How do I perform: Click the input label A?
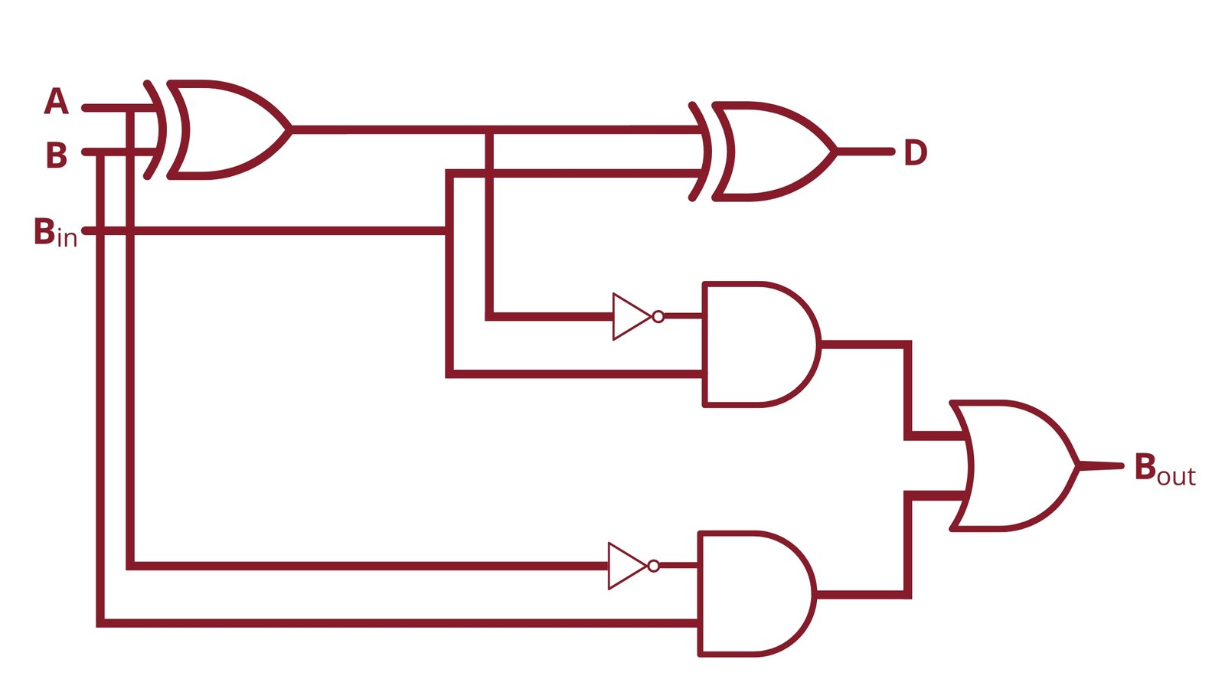pos(56,102)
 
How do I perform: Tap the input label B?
pos(56,155)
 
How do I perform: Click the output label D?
pos(915,152)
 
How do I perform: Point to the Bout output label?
pos(1164,469)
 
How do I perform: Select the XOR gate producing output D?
pos(773,151)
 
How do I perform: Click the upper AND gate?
pos(758,344)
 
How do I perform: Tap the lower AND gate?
pos(754,594)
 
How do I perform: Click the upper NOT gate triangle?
pos(629,316)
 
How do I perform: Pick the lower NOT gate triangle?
pos(625,566)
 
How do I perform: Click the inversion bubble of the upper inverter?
pos(658,316)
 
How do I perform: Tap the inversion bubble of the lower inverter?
pos(653,566)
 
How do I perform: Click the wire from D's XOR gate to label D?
pos(865,152)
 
